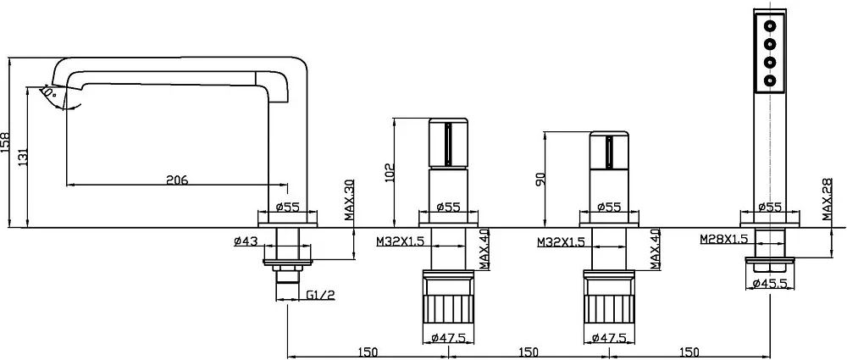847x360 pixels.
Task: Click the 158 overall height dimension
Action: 6,142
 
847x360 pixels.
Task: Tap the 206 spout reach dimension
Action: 177,180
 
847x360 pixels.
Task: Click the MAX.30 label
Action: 349,201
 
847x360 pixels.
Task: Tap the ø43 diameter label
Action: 246,241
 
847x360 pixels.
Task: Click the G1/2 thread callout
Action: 321,295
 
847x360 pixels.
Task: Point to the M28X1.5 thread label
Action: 724,238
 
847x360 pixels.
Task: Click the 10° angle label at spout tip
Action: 50,92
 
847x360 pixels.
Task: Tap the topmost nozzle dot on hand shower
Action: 770,25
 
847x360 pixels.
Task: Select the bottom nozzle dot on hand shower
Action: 770,81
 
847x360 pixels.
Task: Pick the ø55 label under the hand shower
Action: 770,207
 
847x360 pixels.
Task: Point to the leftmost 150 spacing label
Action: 368,352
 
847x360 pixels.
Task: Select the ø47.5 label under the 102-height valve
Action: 449,338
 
